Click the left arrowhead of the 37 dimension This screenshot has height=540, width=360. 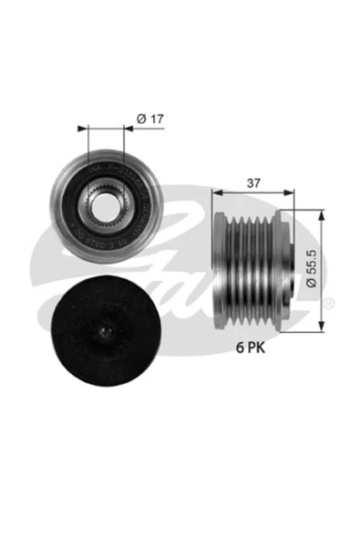(215, 192)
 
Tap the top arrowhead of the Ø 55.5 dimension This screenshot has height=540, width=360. (322, 214)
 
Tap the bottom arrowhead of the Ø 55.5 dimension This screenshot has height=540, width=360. (322, 326)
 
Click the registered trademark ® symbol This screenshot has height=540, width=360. (329, 302)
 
